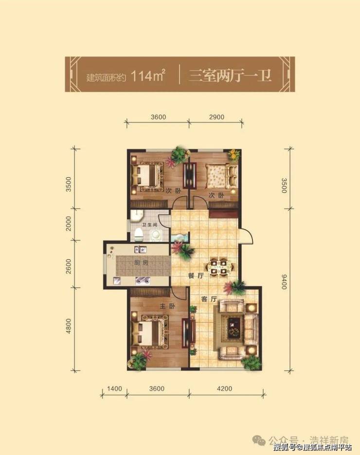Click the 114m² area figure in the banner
[x=148, y=76]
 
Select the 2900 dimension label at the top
[x=216, y=117]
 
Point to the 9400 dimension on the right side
[x=284, y=281]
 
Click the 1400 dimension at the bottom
[x=114, y=388]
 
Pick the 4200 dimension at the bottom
[x=225, y=388]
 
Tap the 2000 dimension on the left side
[x=69, y=223]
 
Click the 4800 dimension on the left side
[x=69, y=326]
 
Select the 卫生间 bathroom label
[x=149, y=225]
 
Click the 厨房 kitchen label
[x=141, y=263]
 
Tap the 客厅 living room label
[x=209, y=299]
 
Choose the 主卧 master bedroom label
[x=167, y=306]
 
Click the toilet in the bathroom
[x=139, y=235]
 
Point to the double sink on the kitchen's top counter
[x=141, y=249]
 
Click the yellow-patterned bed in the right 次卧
[x=221, y=177]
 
